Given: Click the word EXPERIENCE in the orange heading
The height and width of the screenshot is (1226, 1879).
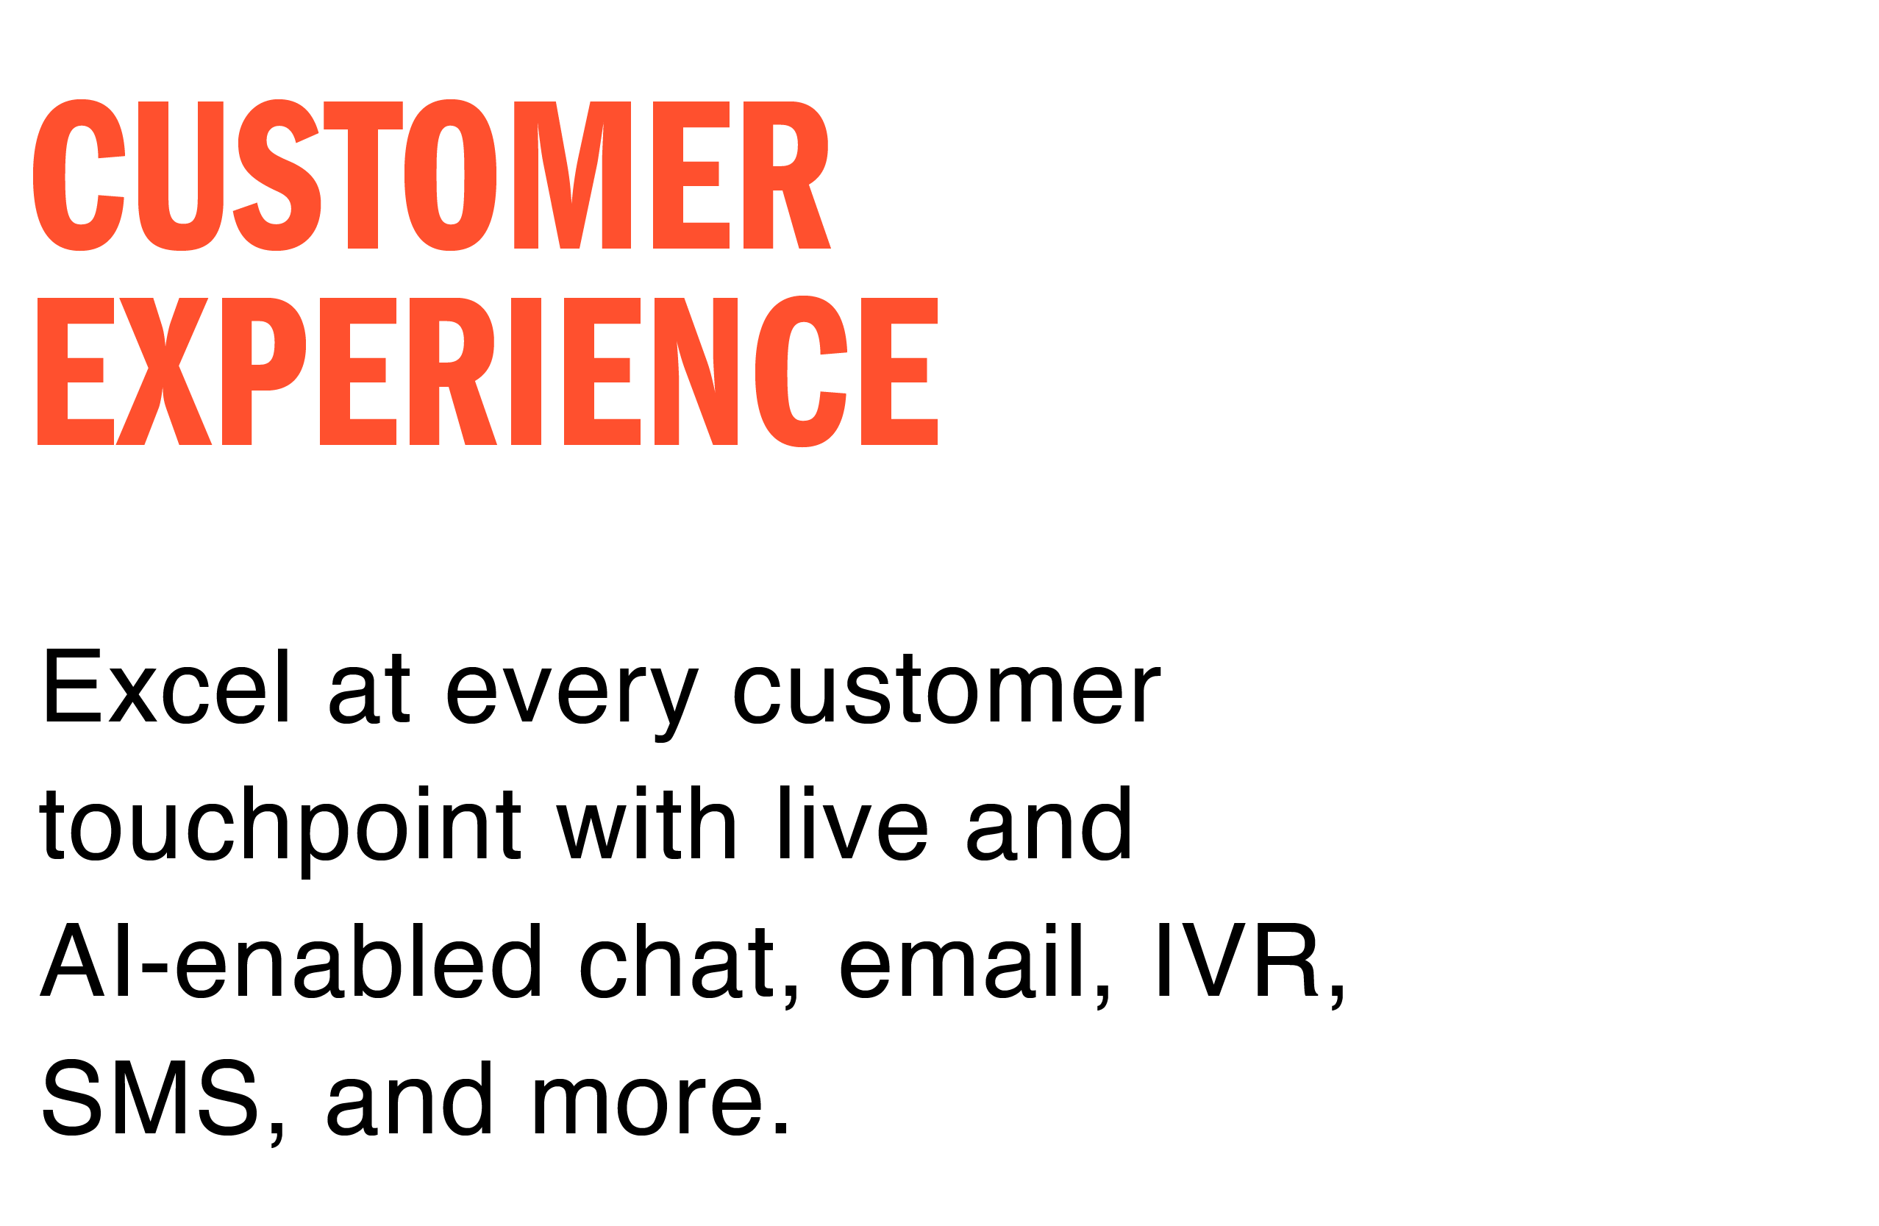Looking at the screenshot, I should [487, 372].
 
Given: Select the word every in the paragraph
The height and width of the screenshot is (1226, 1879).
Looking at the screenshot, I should [572, 695].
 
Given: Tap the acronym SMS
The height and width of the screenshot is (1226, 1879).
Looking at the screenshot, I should [150, 1097].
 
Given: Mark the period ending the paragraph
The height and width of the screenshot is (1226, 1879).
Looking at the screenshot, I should [781, 1130].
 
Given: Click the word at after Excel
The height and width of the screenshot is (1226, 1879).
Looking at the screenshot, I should [369, 689].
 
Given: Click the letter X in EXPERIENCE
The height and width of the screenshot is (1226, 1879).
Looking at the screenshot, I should [163, 372].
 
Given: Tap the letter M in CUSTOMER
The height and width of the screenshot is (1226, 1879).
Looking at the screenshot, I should [571, 175].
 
